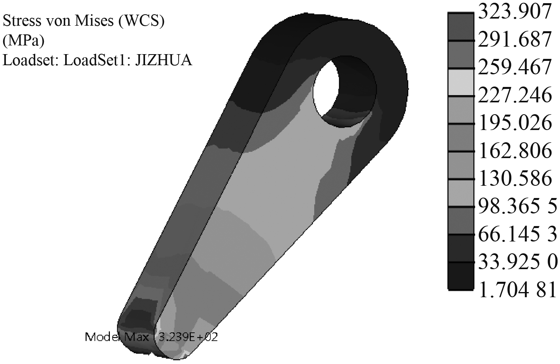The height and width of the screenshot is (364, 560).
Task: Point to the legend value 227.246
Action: coord(515,95)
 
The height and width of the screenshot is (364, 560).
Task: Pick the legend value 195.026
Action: coord(515,123)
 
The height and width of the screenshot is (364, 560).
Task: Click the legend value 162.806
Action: coord(515,151)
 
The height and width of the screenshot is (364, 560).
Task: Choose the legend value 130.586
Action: coord(515,178)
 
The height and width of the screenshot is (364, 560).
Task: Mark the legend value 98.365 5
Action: coord(517,206)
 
